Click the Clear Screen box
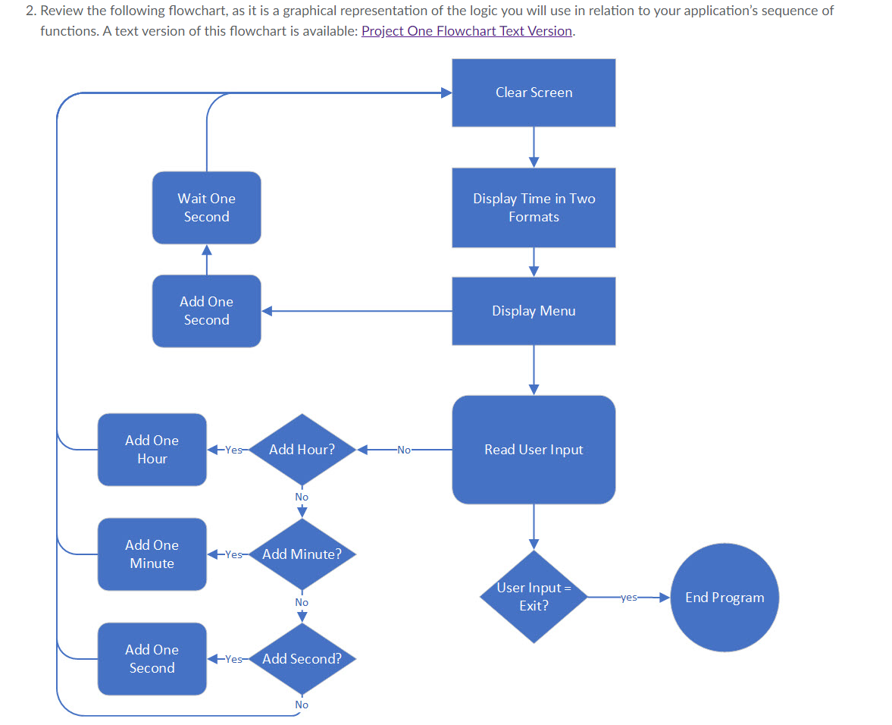534,93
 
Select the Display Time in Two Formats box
534,207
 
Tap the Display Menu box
534,311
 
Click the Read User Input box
534,450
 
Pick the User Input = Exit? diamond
534,597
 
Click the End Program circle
724,598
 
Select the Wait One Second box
206,207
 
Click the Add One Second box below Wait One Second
206,311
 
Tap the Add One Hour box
152,450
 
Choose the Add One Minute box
152,554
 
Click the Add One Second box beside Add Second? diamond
152,659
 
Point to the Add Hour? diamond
302,450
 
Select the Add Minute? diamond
302,554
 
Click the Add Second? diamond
302,659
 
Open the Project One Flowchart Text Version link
467,31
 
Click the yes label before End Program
628,598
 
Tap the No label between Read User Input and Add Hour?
403,450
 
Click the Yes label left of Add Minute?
233,554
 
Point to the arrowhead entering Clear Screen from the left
446,93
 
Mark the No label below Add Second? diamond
302,705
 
